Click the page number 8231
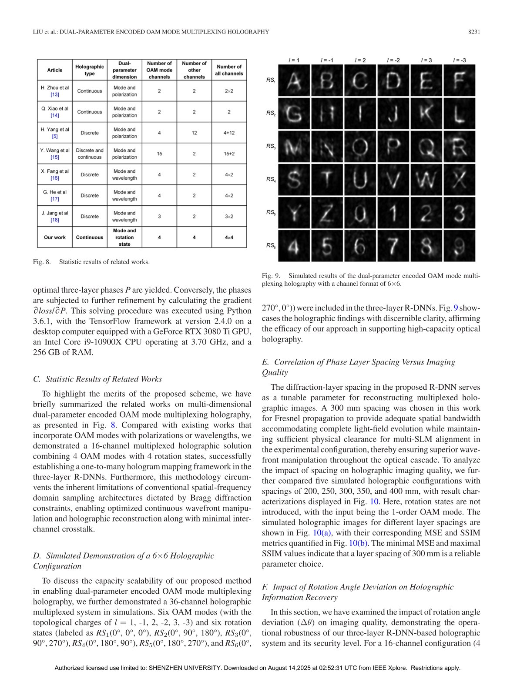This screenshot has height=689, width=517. click(474, 32)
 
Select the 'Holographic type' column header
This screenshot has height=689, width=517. click(90, 70)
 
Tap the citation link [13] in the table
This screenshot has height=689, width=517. click(55, 94)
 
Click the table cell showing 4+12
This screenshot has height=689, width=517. click(229, 133)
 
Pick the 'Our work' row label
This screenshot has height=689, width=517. click(55, 237)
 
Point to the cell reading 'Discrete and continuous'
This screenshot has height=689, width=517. click(90, 154)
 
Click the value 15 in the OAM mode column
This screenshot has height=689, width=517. click(159, 154)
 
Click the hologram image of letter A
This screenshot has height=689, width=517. click(295, 81)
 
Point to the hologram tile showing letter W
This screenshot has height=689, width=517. click(426, 180)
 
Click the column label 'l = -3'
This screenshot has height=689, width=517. click(459, 60)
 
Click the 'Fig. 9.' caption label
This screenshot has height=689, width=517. click(271, 276)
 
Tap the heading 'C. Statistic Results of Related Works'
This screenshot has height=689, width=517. click(97, 379)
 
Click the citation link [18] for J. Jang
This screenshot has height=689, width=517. click(55, 220)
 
